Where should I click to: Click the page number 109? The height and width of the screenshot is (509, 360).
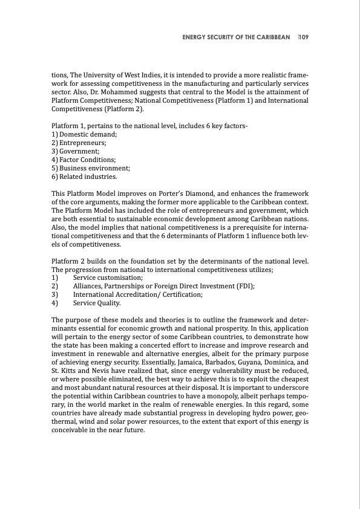304,37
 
